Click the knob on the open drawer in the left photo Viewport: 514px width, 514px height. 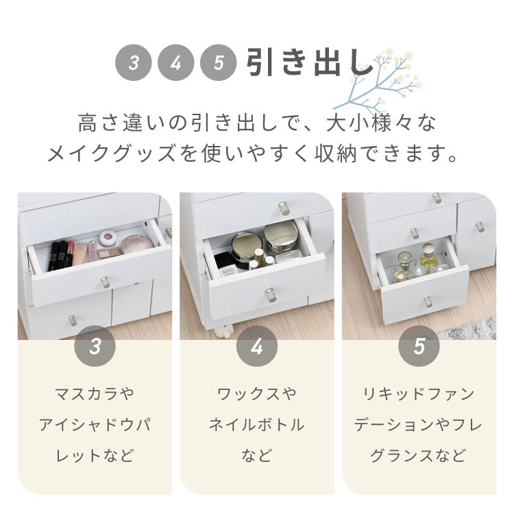click(104, 281)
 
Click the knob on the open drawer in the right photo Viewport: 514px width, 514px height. click(428, 301)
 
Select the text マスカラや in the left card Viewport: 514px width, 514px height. click(95, 394)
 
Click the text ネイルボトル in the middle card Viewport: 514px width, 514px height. click(257, 425)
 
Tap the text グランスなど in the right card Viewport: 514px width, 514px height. click(419, 455)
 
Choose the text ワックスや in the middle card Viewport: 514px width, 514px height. click(257, 394)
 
